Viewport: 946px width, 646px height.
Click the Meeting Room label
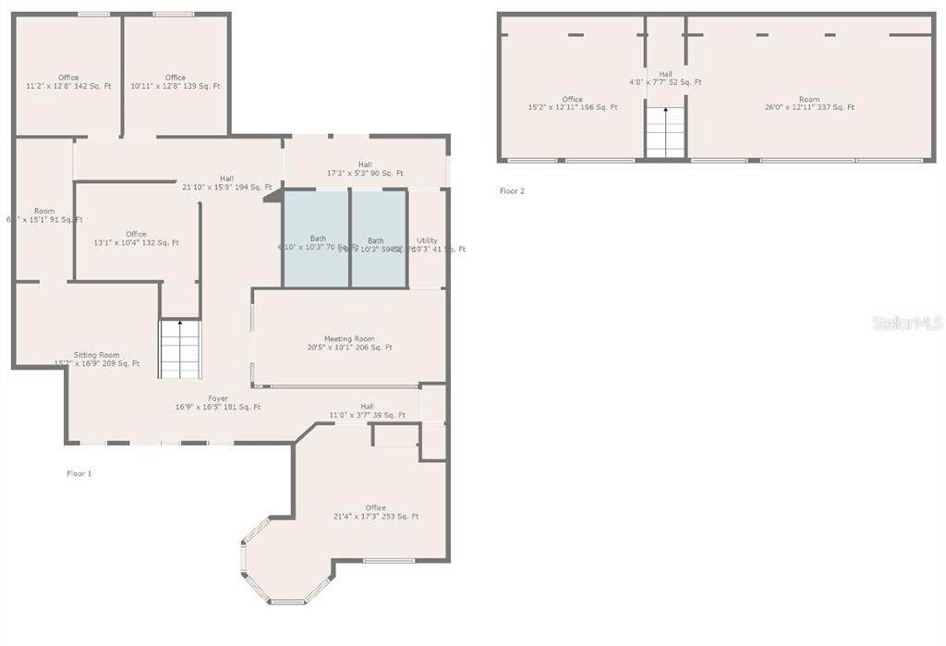tap(349, 343)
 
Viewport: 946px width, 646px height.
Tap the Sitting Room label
tap(97, 359)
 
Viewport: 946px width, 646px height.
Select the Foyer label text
tap(218, 402)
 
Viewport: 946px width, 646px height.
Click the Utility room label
tap(427, 244)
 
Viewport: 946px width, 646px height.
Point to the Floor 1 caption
tap(79, 473)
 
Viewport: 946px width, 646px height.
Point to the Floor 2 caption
tap(512, 191)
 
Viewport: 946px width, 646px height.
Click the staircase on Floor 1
tap(179, 349)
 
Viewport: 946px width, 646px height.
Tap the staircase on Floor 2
tap(665, 131)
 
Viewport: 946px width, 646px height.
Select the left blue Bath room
tap(316, 238)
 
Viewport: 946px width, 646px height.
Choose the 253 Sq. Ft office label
tap(375, 512)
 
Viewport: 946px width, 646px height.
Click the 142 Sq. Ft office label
tap(68, 81)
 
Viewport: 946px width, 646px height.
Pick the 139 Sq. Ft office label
tap(176, 81)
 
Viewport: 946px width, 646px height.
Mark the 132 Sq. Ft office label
tap(136, 238)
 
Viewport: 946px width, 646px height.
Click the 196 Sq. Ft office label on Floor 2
tap(572, 103)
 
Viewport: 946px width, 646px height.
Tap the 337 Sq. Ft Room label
tap(809, 103)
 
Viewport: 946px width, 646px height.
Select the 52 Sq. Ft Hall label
tap(665, 78)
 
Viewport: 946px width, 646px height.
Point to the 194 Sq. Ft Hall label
tap(226, 182)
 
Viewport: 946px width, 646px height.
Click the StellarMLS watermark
tap(906, 323)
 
